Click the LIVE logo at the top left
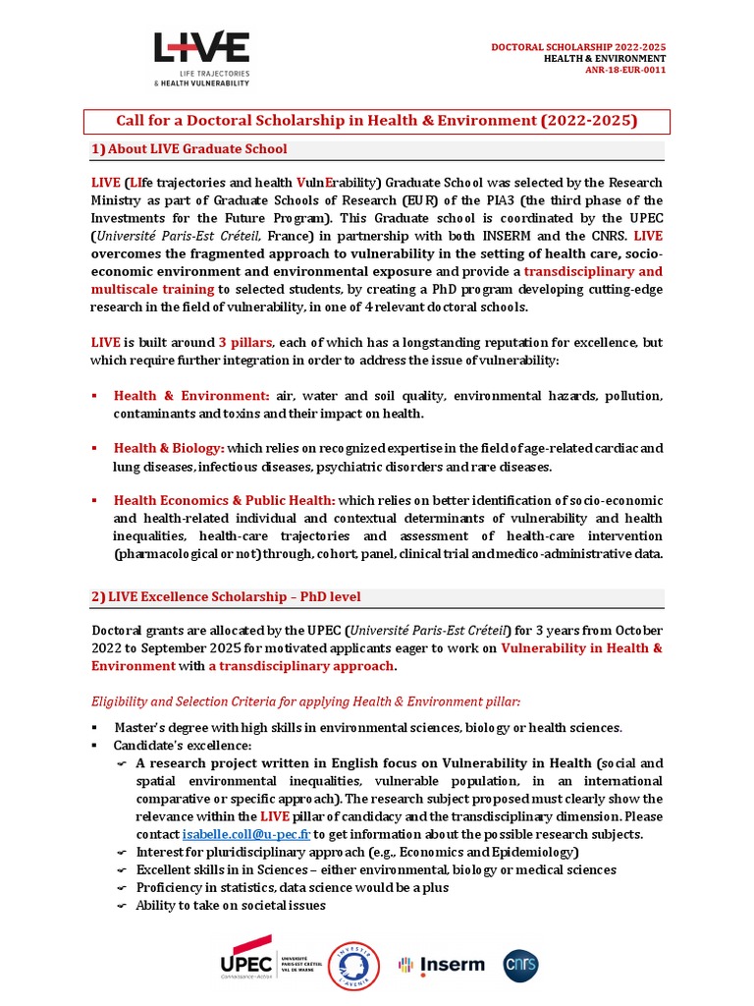click(x=201, y=58)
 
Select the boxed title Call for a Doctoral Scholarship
click(x=377, y=121)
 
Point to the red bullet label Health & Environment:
click(x=191, y=395)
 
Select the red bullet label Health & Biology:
click(x=169, y=448)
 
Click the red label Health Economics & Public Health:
click(x=224, y=500)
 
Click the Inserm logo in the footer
click(x=441, y=964)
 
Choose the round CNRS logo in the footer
click(x=520, y=964)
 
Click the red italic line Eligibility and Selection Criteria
click(x=305, y=700)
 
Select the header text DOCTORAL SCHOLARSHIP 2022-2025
click(x=578, y=47)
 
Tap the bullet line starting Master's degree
click(x=367, y=727)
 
